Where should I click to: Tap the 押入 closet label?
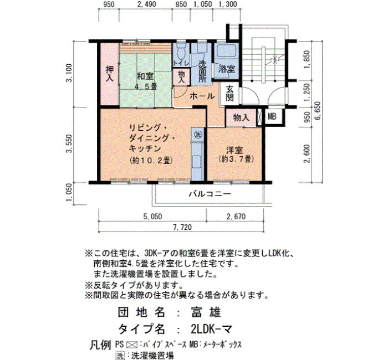click(110, 74)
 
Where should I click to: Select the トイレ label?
click(181, 63)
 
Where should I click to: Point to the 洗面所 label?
click(203, 71)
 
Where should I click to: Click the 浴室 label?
click(226, 69)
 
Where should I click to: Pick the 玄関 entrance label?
click(229, 94)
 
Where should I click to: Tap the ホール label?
click(202, 96)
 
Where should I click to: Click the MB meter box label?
click(272, 116)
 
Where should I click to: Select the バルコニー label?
click(210, 193)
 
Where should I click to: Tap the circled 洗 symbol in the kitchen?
click(197, 135)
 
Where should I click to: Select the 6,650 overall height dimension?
click(318, 111)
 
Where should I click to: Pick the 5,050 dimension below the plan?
click(152, 217)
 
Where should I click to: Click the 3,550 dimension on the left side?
click(69, 143)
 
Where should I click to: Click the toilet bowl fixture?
click(181, 52)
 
